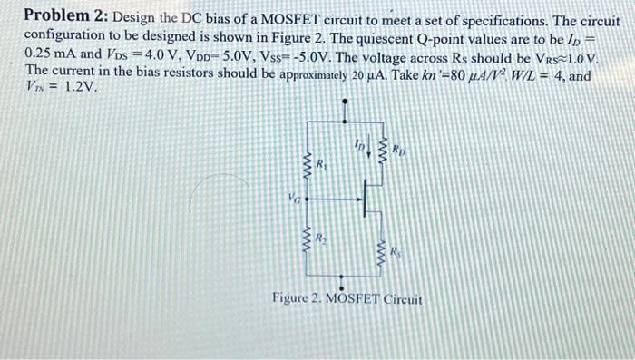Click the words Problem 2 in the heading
[63, 16]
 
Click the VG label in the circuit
[291, 195]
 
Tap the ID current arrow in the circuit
[368, 146]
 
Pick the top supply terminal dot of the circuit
[343, 102]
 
